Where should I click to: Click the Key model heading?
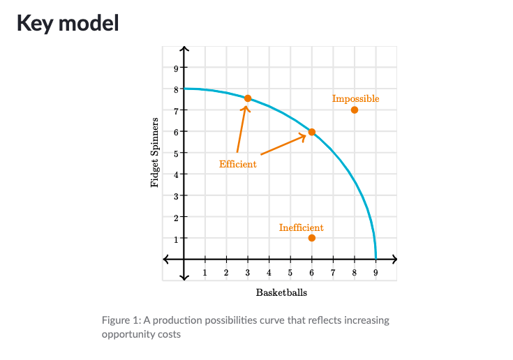coord(68,23)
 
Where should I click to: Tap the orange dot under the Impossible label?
coord(355,110)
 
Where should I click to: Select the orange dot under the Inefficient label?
coord(312,238)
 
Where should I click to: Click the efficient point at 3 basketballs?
coord(248,98)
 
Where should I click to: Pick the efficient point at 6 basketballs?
coord(312,132)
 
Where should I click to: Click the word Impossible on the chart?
coord(355,99)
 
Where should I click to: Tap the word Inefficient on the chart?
coord(301,227)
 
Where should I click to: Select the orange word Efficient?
coord(237,165)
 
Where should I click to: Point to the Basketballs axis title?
coord(281,292)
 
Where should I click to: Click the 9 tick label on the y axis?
coord(175,68)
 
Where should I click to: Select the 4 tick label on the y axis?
coord(175,174)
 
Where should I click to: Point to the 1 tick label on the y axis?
coord(175,239)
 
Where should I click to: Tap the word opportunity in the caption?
coord(133,334)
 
